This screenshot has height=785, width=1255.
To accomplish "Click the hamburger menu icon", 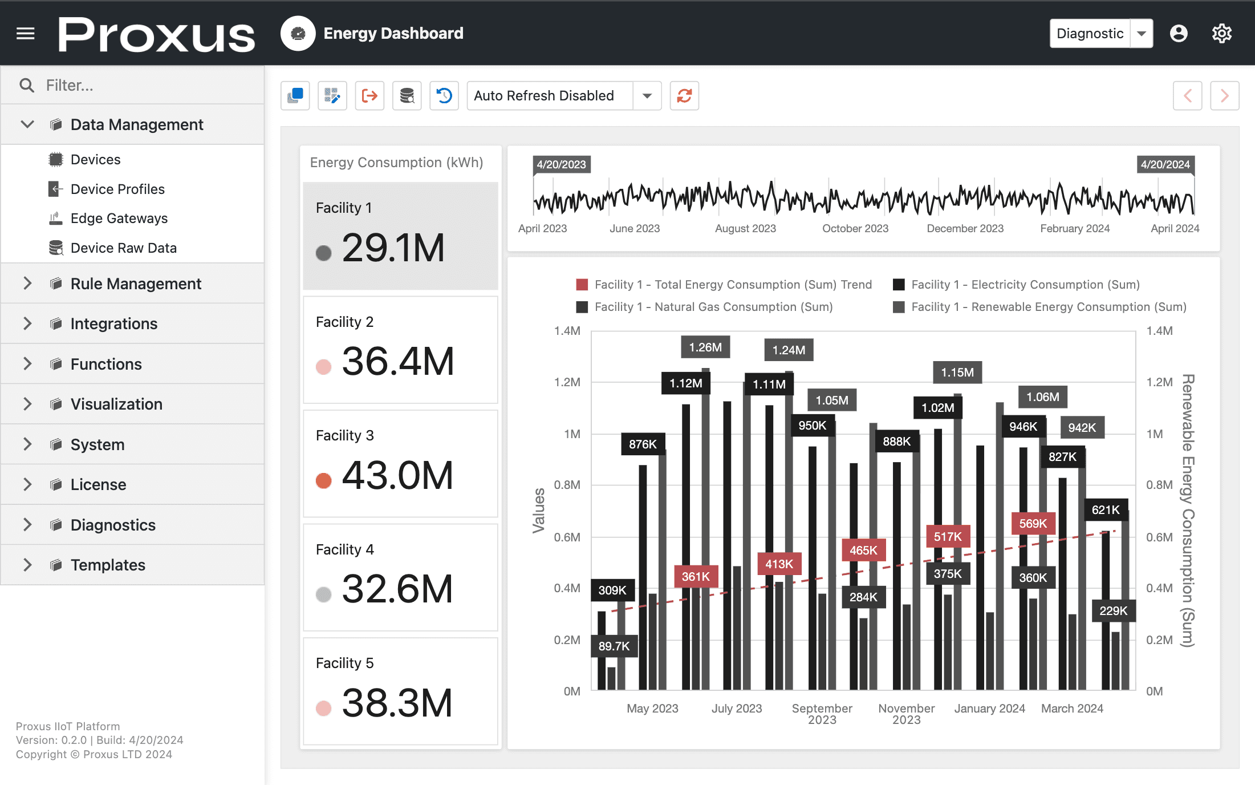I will point(26,34).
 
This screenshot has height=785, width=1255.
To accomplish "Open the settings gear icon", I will point(1221,34).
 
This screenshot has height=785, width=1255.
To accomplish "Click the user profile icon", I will point(1179,34).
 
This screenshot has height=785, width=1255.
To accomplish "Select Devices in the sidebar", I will point(95,160).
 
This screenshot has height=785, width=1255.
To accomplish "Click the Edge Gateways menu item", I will point(119,218).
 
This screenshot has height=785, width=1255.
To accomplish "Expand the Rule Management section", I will point(135,284).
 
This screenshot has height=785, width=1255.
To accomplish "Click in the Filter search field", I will point(143,86).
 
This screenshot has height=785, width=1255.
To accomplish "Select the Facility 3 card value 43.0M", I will point(397,475).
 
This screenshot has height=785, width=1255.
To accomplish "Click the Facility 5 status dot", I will point(323,708).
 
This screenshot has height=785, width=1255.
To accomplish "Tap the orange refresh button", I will point(684,96).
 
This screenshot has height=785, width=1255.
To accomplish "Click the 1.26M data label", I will point(705,347).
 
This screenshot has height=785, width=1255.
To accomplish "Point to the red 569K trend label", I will point(1033,524).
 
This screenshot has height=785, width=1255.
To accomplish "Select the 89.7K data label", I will point(614,646).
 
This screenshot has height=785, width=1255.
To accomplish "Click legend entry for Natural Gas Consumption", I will point(713,307).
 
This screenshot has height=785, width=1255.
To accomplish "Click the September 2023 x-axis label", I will point(822,714).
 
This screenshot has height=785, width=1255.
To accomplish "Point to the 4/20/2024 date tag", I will point(1165,165).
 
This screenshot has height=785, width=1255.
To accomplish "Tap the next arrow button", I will point(1224,96).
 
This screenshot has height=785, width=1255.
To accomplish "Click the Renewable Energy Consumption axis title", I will point(1187,511).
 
